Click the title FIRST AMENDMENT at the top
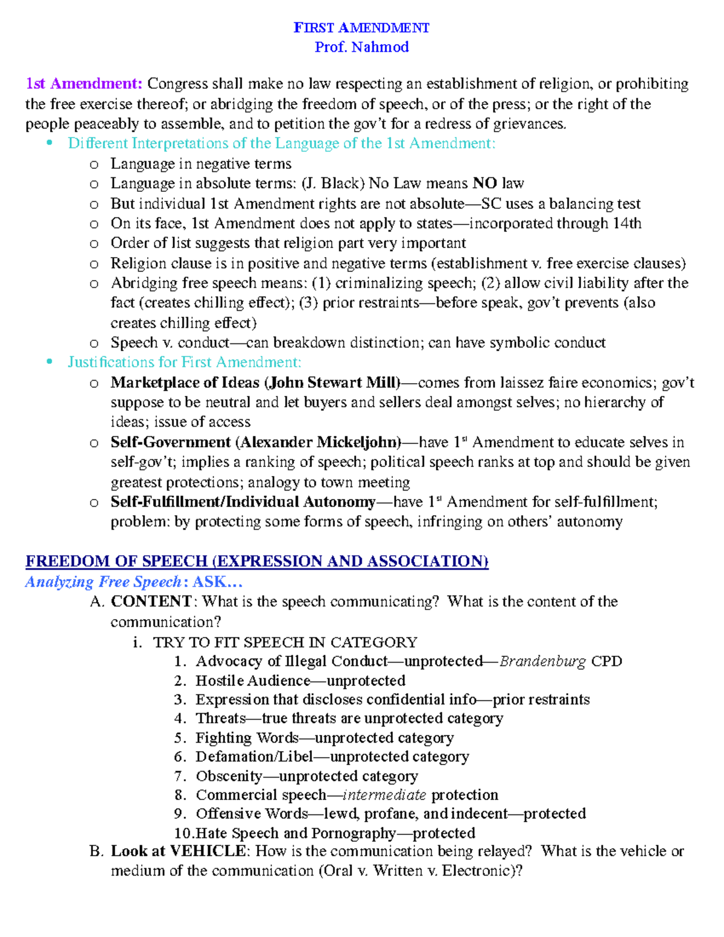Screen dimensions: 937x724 point(361,28)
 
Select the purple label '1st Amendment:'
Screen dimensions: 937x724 point(84,84)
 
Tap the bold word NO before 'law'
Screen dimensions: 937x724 point(484,183)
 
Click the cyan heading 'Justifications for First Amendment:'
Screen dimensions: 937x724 point(184,362)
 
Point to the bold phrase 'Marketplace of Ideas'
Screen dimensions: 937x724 point(185,383)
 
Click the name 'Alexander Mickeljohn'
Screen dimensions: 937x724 point(319,442)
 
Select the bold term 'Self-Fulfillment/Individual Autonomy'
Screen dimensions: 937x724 point(243,502)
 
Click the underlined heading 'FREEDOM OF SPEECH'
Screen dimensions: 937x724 point(116,561)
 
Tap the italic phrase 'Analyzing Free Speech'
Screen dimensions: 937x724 point(103,582)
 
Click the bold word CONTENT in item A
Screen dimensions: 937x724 point(151,602)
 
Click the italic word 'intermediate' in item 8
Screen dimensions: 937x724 point(384,795)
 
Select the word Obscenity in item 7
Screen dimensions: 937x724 point(229,776)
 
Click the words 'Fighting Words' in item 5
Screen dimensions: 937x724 point(247,738)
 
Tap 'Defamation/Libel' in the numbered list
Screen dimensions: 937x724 point(254,757)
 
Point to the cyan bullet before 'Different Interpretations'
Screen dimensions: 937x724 point(49,144)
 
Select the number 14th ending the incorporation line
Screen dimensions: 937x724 point(626,224)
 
